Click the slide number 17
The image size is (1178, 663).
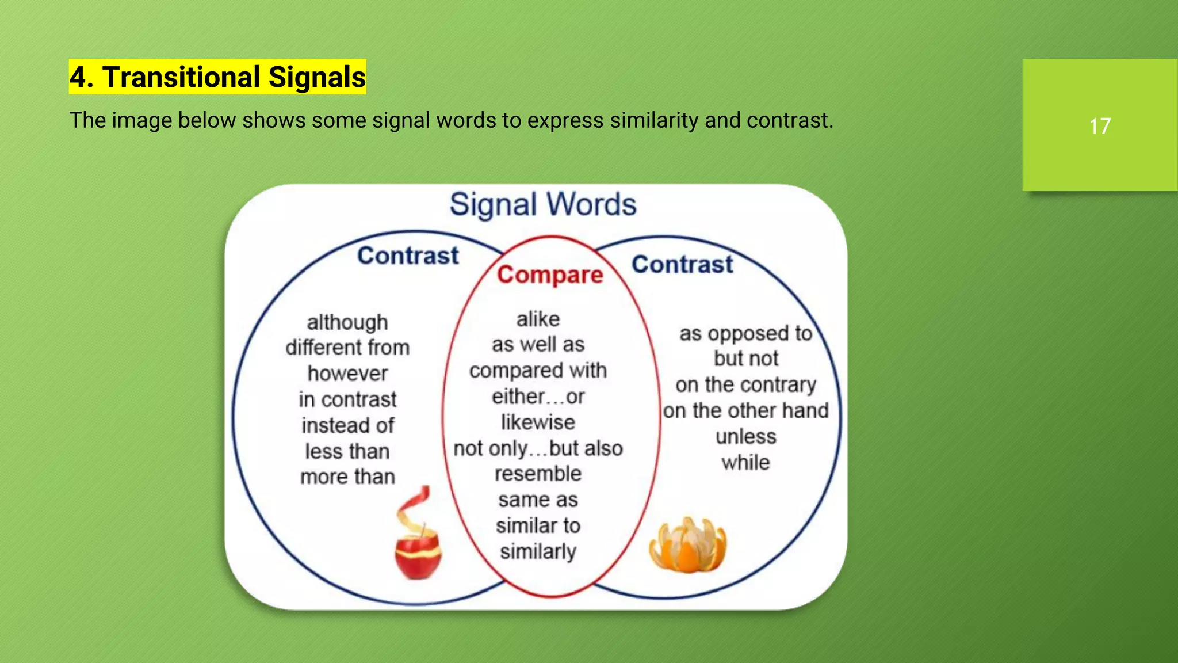(x=1099, y=126)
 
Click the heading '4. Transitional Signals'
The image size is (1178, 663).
(x=217, y=77)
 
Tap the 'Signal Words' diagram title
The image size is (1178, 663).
(x=542, y=205)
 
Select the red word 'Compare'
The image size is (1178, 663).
(x=550, y=275)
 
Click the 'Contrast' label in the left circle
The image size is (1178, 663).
(x=408, y=256)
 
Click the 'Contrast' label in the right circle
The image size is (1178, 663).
(x=682, y=265)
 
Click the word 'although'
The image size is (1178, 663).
(x=347, y=322)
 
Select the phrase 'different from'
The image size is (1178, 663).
(x=347, y=348)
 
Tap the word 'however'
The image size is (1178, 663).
(x=347, y=374)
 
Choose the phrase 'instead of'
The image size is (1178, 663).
(x=347, y=425)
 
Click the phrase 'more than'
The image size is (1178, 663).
(x=347, y=477)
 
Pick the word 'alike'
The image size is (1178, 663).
(x=538, y=319)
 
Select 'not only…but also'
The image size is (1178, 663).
(x=538, y=448)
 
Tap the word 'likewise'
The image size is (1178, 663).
(x=538, y=422)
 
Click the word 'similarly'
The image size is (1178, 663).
(x=538, y=551)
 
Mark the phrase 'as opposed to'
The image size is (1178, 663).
(x=745, y=333)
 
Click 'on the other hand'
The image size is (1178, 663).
(x=745, y=411)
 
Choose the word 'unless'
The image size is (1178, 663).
(x=745, y=437)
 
